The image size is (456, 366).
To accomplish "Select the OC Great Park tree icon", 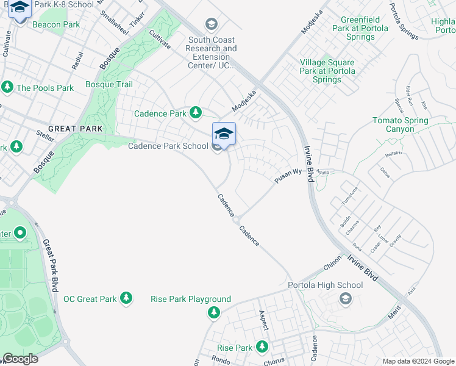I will pyautogui.click(x=126, y=298).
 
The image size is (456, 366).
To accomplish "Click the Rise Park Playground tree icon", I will pyautogui.click(x=213, y=312).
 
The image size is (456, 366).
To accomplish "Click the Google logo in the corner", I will pyautogui.click(x=20, y=359).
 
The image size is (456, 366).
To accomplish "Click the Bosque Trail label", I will pyautogui.click(x=109, y=84).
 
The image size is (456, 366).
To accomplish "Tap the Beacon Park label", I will pyautogui.click(x=56, y=24).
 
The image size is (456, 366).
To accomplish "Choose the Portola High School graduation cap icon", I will pyautogui.click(x=346, y=298).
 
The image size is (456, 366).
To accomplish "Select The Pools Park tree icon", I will pyautogui.click(x=7, y=87).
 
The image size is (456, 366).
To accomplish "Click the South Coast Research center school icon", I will pyautogui.click(x=212, y=24).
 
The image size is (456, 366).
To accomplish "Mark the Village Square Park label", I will pyautogui.click(x=327, y=71).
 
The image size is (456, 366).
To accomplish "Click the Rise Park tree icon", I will pyautogui.click(x=262, y=346).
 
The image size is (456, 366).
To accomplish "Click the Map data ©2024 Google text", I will pyautogui.click(x=418, y=361).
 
